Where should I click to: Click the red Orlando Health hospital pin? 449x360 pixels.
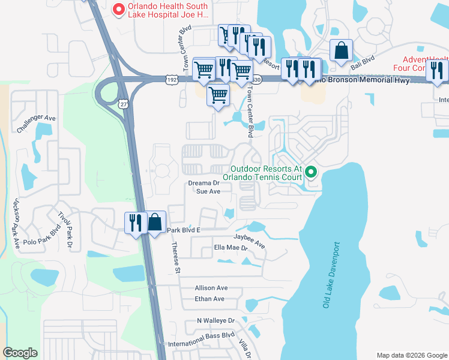[119, 9]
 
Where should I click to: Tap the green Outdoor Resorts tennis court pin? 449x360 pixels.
[311, 173]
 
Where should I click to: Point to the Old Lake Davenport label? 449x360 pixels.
[331, 275]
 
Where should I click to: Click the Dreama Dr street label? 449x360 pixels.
[204, 183]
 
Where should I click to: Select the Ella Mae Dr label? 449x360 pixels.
[231, 247]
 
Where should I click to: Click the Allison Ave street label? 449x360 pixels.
[211, 288]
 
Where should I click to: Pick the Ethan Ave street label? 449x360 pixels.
[209, 299]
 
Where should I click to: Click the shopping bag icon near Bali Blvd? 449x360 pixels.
[341, 52]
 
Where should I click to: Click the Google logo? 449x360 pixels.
[20, 353]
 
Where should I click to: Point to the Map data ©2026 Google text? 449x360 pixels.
[411, 355]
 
